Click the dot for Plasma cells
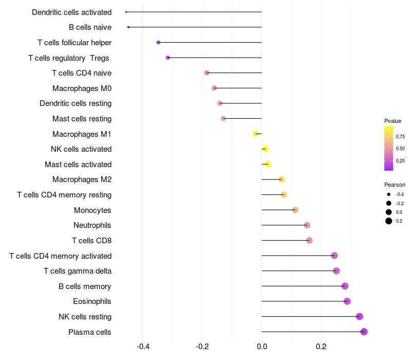[364, 332]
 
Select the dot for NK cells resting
[360, 317]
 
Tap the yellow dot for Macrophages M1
[255, 134]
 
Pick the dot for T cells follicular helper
[158, 42]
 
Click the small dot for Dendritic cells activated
[126, 12]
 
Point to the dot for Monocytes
[295, 210]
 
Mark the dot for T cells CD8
[309, 240]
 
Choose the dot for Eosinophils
[347, 301]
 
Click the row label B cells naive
[90, 27]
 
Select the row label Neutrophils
[92, 225]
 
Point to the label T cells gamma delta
[78, 271]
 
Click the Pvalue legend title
[393, 121]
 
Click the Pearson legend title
[395, 185]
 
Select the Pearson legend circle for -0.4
[389, 194]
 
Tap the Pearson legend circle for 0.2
[389, 221]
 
